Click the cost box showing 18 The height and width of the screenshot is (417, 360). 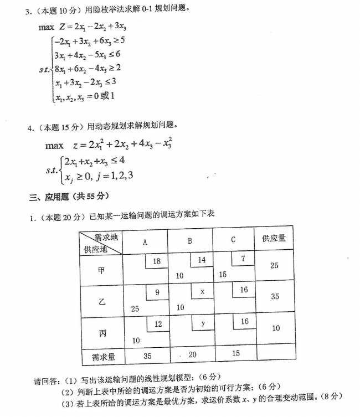click(156, 261)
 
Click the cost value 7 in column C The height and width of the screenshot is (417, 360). click(243, 259)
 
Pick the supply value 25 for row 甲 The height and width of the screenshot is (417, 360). click(274, 266)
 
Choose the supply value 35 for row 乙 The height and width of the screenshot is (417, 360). click(275, 297)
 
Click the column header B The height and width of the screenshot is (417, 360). click(189, 241)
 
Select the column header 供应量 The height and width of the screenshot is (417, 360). click(274, 238)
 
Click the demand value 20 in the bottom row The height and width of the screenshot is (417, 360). click(192, 355)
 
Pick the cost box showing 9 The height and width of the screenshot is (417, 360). click(157, 292)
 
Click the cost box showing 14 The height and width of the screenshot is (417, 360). click(202, 260)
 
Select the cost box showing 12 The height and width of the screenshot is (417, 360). click(158, 323)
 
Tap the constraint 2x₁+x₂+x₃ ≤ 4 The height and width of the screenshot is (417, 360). click(94, 161)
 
